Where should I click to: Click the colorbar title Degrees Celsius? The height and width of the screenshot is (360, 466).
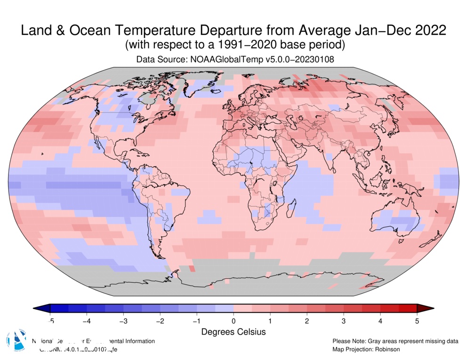233,332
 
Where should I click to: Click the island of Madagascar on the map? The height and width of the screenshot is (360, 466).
291,207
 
